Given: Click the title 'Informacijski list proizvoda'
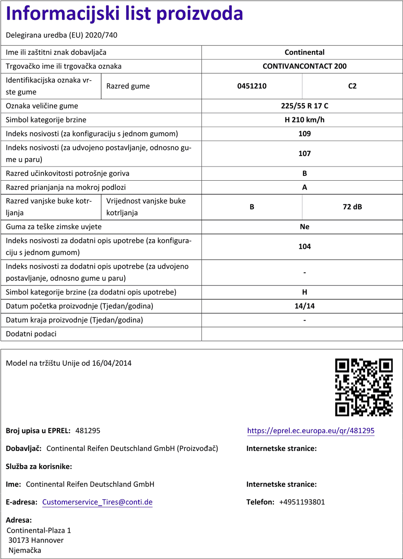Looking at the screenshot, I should tap(125, 14).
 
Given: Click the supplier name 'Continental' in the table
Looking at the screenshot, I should tap(304, 52).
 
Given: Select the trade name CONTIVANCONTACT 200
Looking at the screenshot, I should tap(304, 66).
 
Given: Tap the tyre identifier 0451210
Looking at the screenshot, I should tap(252, 86).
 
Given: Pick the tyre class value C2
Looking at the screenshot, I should tap(352, 86).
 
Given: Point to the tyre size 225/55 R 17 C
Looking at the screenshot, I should tap(304, 106).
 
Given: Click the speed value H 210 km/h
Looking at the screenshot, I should tap(304, 120).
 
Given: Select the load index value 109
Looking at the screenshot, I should tap(304, 134).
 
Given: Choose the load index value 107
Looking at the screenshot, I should tap(304, 154).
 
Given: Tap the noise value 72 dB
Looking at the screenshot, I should tap(352, 207).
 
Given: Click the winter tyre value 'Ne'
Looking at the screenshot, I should tap(304, 227).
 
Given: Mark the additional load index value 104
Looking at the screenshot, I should tap(304, 246).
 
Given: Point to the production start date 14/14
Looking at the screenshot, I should tap(304, 306).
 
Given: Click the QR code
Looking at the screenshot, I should tap(364, 387).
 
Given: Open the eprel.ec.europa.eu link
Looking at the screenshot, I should tap(311, 431).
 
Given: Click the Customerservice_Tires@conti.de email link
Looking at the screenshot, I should tap(97, 502).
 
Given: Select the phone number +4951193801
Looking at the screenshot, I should tap(302, 502).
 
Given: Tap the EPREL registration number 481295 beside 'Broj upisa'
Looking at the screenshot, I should tap(88, 431).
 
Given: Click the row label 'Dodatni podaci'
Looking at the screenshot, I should tap(31, 334).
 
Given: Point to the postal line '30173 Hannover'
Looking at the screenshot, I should tap(36, 540).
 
